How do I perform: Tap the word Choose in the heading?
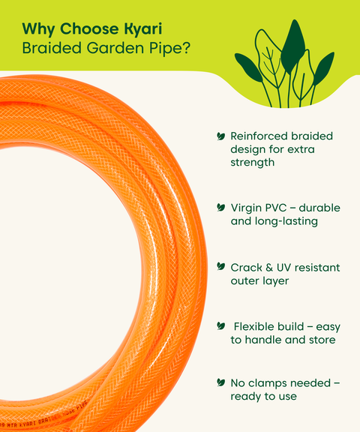click(88, 29)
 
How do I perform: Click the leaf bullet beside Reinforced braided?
click(220, 136)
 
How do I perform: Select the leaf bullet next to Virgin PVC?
click(220, 207)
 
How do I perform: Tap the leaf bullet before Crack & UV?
click(220, 266)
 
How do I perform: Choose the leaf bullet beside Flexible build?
click(220, 325)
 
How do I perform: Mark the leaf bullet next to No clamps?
click(220, 382)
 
